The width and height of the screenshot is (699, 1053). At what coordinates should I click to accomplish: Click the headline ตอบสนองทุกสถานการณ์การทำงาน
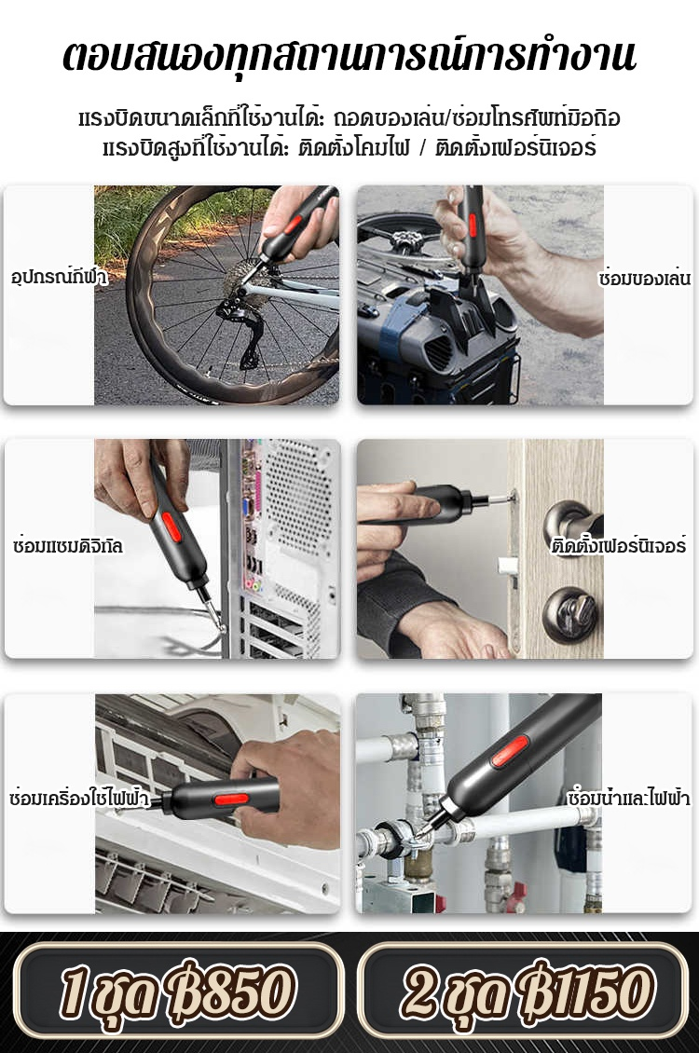(x=349, y=56)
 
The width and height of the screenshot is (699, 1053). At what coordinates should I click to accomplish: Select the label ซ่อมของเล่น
(x=644, y=277)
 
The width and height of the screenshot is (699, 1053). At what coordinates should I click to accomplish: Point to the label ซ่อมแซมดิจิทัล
(x=67, y=544)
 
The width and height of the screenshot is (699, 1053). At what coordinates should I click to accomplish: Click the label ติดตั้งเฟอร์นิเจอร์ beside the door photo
(x=619, y=544)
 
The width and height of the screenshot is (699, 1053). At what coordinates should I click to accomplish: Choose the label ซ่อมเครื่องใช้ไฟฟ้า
(x=78, y=798)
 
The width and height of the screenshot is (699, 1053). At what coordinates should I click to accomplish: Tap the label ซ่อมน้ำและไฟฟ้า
(x=628, y=798)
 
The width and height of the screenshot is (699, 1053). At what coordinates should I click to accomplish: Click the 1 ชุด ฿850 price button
(x=177, y=991)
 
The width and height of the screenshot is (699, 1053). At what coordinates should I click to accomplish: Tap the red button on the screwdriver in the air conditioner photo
(x=231, y=800)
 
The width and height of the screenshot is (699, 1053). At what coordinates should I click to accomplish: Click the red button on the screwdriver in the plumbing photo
(x=510, y=751)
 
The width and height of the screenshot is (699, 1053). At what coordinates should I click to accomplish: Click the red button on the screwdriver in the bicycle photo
(x=293, y=224)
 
